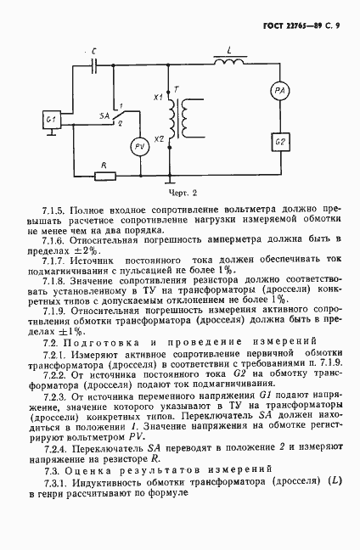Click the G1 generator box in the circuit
53,121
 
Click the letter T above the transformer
175,89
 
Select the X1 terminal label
157,98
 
